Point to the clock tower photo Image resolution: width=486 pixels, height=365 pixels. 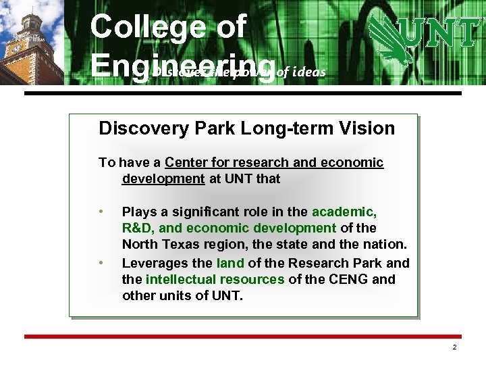pyautogui.click(x=30, y=41)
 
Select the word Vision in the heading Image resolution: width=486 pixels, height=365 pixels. pyautogui.click(x=369, y=128)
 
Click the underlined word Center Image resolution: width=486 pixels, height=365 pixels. pyautogui.click(x=186, y=163)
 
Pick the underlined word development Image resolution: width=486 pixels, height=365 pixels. pyautogui.click(x=163, y=179)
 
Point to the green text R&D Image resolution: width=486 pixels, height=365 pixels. pyautogui.click(x=139, y=228)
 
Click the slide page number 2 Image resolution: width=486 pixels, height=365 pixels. pyautogui.click(x=454, y=347)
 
